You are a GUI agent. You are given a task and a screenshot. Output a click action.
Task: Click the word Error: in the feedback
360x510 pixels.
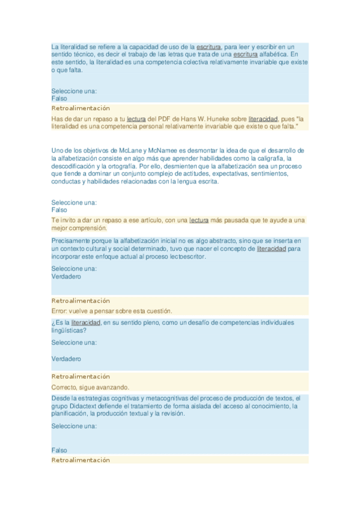60,310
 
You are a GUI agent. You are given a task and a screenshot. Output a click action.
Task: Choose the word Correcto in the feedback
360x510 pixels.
65,387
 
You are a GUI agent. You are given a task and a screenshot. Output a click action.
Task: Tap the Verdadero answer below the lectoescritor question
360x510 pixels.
66,277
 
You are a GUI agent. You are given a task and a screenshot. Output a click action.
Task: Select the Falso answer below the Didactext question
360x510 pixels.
59,450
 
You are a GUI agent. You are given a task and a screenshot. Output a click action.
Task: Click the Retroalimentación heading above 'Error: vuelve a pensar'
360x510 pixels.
81,300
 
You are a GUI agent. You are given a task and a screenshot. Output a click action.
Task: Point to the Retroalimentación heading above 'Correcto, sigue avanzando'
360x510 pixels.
81,376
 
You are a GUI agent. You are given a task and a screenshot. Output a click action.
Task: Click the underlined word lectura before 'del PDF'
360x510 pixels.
136,118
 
